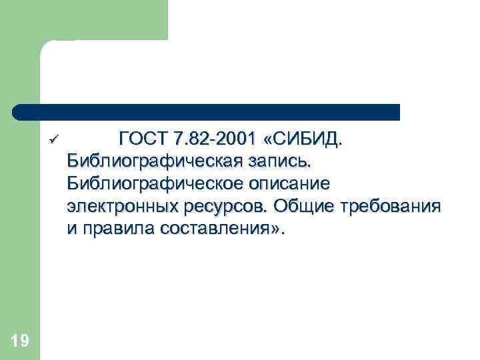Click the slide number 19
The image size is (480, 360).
coord(20,341)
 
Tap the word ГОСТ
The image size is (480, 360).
coord(142,139)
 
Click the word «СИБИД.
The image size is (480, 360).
coord(305,139)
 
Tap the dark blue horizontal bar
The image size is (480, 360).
coord(207,112)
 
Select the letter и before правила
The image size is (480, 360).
coord(71,227)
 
